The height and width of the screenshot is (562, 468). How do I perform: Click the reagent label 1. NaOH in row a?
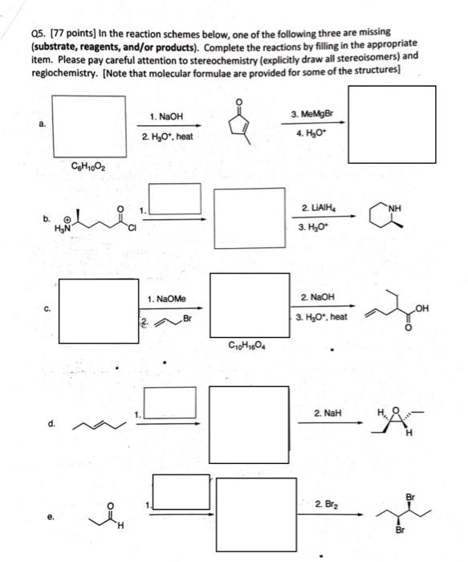[167, 117]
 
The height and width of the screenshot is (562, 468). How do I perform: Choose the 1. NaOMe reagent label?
[167, 299]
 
